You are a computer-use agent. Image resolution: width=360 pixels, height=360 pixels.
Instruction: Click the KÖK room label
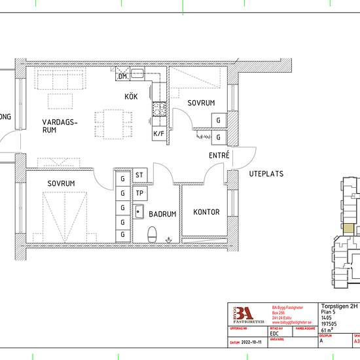point(131,97)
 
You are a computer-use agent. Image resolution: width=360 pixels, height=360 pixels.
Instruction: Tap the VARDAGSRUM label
point(60,126)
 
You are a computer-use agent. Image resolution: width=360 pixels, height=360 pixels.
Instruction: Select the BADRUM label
point(162,214)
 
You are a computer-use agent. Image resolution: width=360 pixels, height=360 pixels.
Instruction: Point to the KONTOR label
point(206,212)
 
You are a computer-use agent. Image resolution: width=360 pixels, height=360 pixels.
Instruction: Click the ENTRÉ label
point(219,156)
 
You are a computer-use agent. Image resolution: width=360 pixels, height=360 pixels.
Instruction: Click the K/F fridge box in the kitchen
point(158,134)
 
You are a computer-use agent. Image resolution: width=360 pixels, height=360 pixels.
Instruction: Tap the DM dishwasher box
point(122,77)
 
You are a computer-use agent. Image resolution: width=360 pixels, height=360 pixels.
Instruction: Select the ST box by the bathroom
point(139,175)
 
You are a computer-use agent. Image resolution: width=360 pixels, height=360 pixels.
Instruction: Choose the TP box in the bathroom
point(139,194)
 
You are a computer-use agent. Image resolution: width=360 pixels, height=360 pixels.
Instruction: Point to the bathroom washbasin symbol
point(139,211)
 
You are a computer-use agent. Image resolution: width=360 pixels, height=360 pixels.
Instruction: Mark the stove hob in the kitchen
point(158,107)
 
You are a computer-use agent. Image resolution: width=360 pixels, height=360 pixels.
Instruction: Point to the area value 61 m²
point(328,329)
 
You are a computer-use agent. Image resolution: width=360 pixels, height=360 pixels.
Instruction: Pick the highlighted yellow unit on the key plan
point(350,230)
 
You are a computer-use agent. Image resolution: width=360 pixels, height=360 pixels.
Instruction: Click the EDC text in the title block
point(274,332)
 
